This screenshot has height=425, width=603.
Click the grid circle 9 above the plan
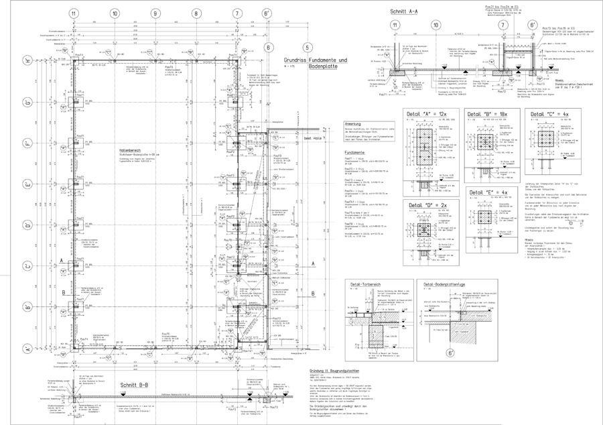pyautogui.click(x=155, y=13)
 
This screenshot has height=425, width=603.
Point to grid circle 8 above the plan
pyautogui.click(x=195, y=13)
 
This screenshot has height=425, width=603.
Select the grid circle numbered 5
pyautogui.click(x=307, y=48)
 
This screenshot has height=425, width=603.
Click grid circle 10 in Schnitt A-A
pyautogui.click(x=436, y=25)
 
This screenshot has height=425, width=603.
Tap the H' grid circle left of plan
pyautogui.click(x=27, y=59)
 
